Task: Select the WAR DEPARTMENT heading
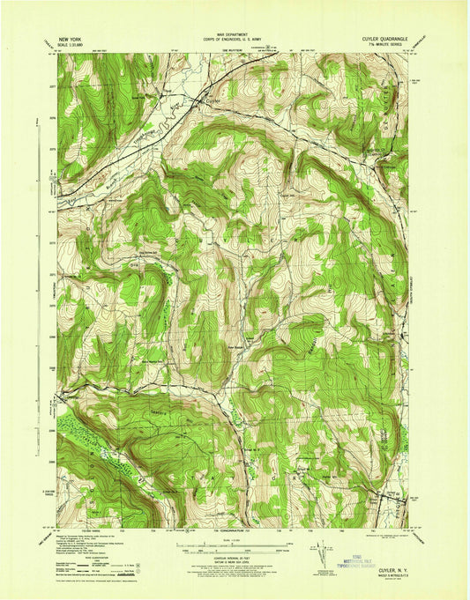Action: point(234,36)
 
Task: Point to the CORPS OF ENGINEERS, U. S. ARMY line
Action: point(234,42)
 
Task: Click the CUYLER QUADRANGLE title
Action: point(373,41)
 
